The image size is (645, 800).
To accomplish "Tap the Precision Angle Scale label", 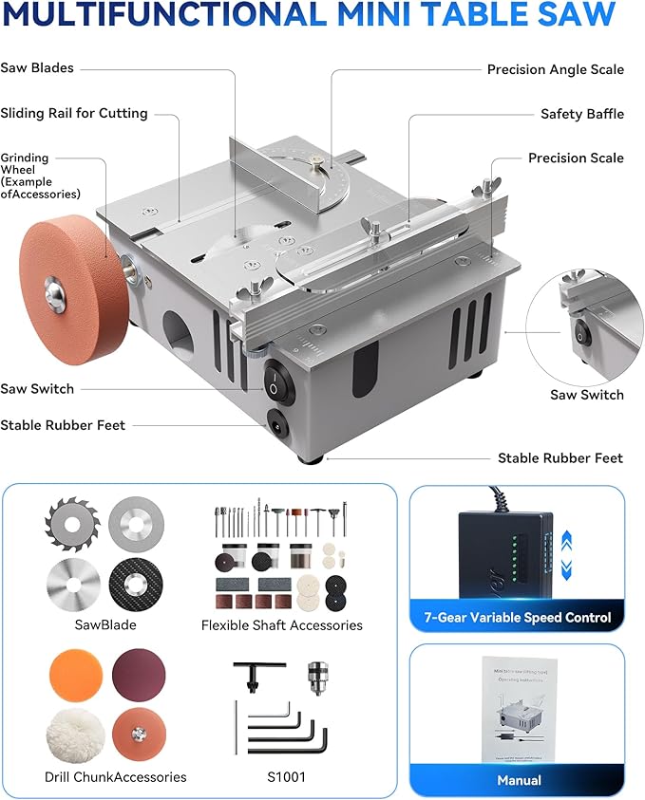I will point(555,69).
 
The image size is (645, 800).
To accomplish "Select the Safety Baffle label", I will point(581,114).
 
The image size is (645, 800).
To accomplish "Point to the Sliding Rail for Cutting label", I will point(74,113).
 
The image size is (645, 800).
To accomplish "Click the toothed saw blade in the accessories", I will point(71,525).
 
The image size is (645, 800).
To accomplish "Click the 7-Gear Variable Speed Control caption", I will point(518,618).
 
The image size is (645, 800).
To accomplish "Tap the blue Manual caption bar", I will point(518,780).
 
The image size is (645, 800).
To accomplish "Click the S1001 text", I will point(280,777).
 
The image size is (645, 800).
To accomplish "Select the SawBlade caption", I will point(105,625).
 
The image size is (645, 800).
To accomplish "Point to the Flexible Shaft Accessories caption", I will point(281,625).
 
